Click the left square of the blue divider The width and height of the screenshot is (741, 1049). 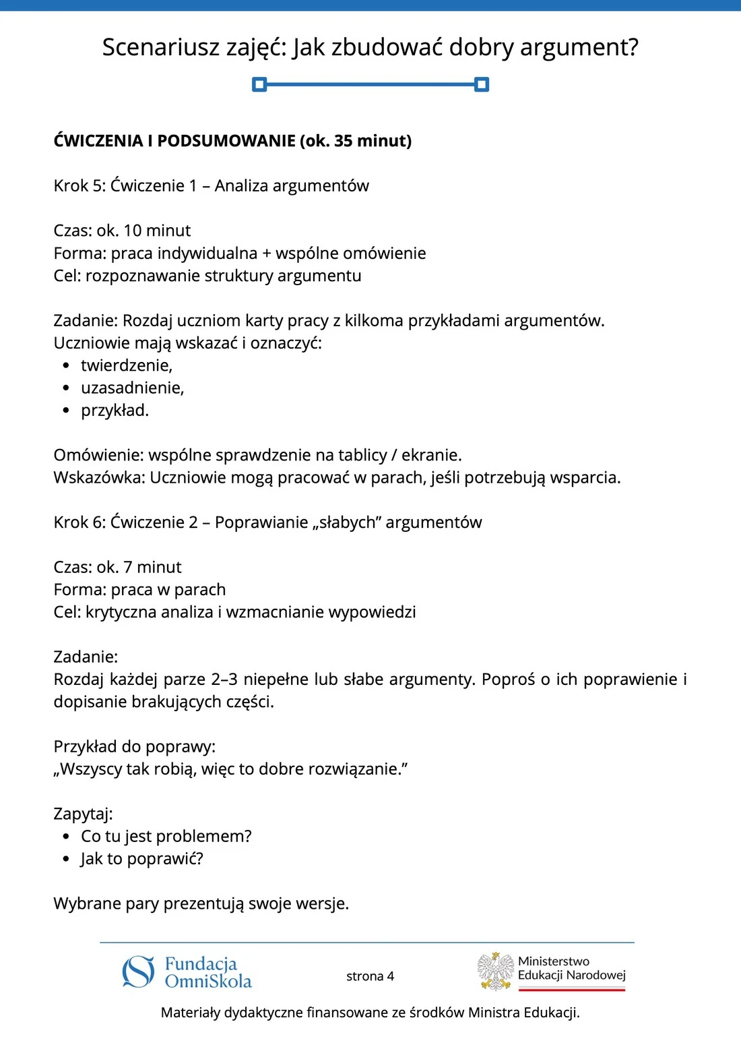click(259, 84)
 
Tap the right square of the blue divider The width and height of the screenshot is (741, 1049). click(482, 84)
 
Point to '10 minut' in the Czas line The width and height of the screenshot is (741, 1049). click(157, 231)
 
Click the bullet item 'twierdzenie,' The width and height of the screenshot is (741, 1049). click(127, 365)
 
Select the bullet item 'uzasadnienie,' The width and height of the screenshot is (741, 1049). click(132, 388)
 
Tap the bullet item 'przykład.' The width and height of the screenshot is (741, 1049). click(115, 410)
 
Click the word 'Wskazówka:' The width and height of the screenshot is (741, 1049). click(99, 477)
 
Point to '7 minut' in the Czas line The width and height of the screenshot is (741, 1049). click(152, 567)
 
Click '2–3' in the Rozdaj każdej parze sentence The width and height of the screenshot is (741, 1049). click(224, 679)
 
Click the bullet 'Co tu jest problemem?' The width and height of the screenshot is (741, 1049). click(166, 837)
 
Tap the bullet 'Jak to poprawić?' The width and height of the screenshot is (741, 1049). click(141, 859)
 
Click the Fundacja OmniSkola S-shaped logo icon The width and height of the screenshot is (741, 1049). click(138, 971)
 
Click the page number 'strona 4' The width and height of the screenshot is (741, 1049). click(370, 976)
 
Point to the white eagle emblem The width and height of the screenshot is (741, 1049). click(496, 971)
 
